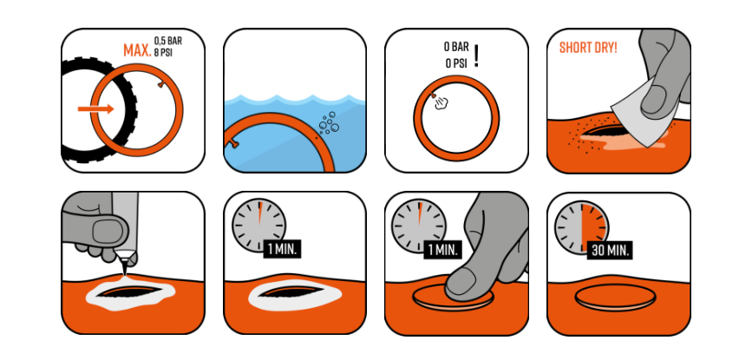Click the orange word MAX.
click(x=137, y=50)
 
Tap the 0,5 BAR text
click(x=168, y=41)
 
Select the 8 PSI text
click(x=163, y=52)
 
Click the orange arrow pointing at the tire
click(x=95, y=109)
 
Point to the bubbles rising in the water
click(x=329, y=123)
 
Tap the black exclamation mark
click(x=476, y=56)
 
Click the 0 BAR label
click(x=456, y=47)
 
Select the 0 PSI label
click(x=456, y=63)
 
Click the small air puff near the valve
click(x=441, y=103)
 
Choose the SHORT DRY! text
click(x=588, y=48)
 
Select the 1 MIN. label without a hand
click(x=282, y=249)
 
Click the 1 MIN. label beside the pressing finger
click(x=442, y=249)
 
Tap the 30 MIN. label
click(x=611, y=250)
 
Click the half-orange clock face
click(x=581, y=227)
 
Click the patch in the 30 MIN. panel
click(x=615, y=298)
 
